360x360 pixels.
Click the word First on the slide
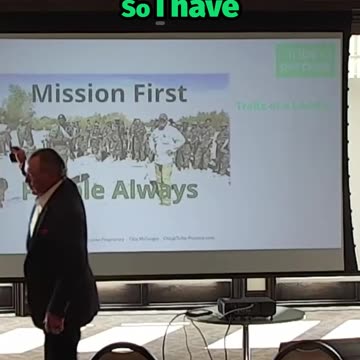coord(155,94)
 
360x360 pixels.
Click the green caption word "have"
coord(213,9)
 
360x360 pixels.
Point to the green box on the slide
coord(307,60)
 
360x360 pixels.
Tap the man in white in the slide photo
coord(165,150)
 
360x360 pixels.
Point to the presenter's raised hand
coord(15,155)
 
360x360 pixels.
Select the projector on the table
coord(245,306)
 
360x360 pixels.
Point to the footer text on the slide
coord(150,239)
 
